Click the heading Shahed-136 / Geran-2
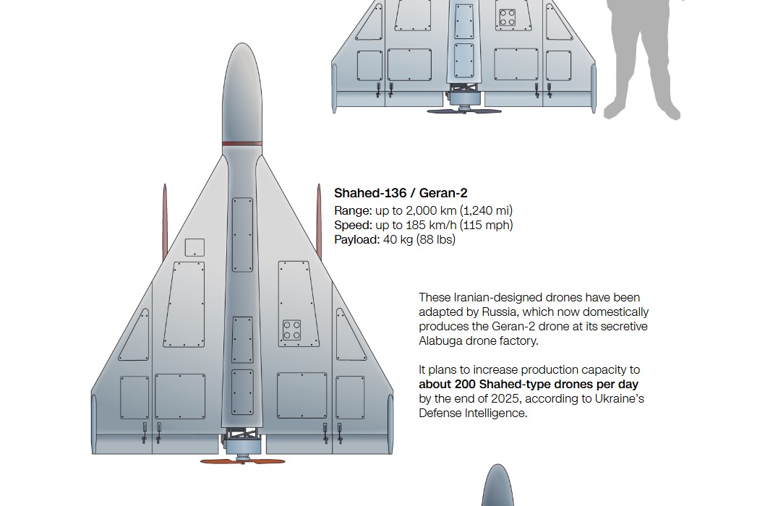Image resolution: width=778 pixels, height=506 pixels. [x=401, y=193]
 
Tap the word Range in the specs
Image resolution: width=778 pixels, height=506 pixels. [x=352, y=211]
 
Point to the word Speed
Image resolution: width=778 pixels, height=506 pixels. [x=353, y=226]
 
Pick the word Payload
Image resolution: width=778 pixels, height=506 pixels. [x=356, y=239]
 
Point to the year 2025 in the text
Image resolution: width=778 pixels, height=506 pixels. [x=505, y=398]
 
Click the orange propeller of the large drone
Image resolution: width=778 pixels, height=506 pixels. [x=243, y=461]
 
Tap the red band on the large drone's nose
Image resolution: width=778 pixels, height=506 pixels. [x=242, y=144]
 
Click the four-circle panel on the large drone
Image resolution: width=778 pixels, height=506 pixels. [x=292, y=330]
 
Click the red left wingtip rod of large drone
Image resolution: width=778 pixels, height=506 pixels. [x=165, y=222]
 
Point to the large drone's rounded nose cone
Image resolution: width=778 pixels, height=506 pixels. [x=242, y=93]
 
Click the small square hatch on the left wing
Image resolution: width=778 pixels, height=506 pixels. [x=194, y=247]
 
